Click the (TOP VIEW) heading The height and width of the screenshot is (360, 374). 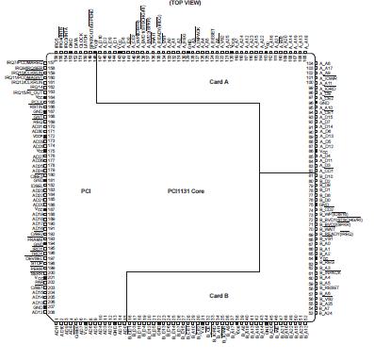196,4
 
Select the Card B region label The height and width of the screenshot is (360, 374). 220,295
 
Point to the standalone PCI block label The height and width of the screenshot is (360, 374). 85,190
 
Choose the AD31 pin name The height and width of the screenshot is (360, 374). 39,126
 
